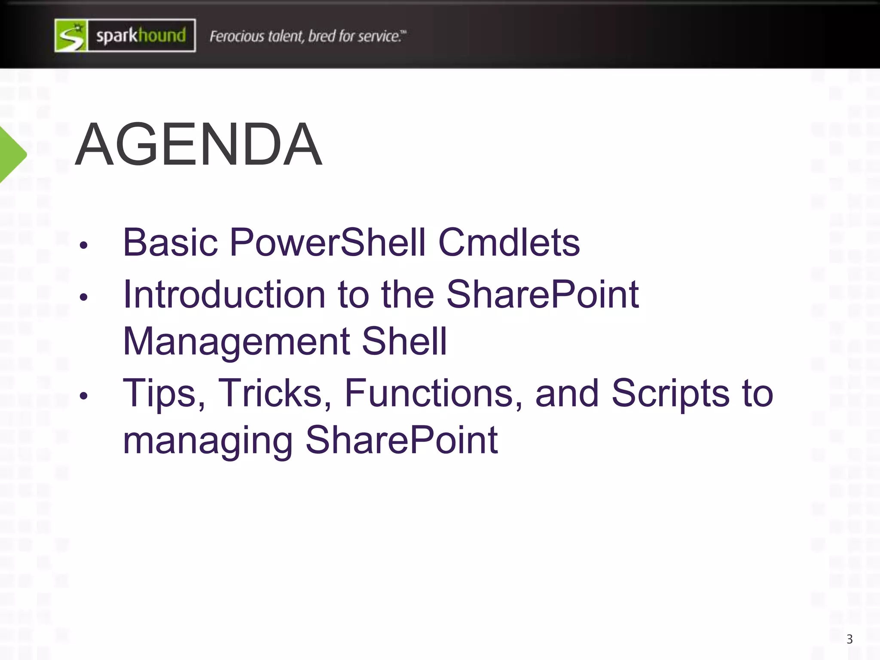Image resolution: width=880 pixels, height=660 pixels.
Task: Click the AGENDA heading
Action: point(199,144)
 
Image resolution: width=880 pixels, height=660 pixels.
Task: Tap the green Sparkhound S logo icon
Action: point(71,36)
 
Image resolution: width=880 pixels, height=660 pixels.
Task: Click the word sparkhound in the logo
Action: point(141,36)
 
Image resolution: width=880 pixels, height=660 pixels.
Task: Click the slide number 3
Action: point(849,639)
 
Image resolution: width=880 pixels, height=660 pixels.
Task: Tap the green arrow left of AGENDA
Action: point(12,155)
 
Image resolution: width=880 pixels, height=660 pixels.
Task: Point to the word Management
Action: point(236,342)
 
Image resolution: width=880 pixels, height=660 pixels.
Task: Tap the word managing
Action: point(208,442)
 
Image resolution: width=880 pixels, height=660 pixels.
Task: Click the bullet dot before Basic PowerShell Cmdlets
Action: point(83,245)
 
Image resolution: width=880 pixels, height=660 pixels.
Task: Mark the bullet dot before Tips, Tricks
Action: point(83,396)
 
